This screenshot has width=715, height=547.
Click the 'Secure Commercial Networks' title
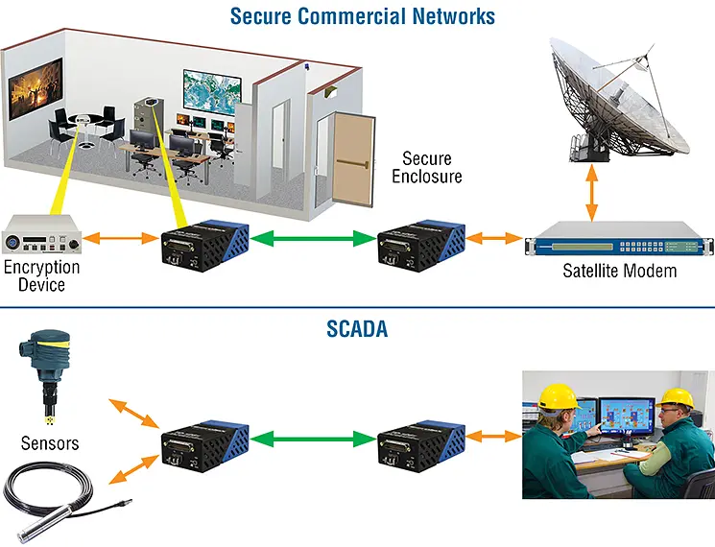click(363, 15)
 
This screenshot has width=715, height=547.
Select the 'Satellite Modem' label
click(619, 271)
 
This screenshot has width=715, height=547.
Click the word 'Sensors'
click(50, 443)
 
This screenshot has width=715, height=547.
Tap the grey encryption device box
click(41, 236)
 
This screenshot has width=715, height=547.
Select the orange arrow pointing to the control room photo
click(492, 439)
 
